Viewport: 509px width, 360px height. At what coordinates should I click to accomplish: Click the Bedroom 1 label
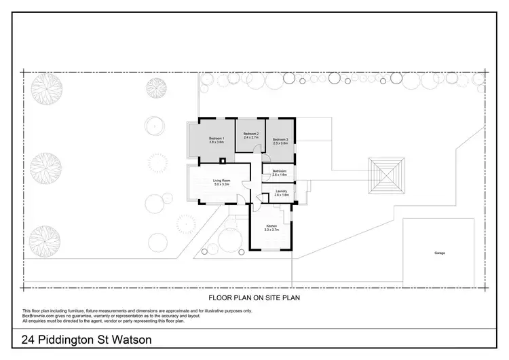[216, 139]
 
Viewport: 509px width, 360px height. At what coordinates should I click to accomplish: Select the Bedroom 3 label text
[280, 139]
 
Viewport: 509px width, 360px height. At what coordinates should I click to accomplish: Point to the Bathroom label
[280, 170]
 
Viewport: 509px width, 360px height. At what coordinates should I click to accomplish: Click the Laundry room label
[282, 192]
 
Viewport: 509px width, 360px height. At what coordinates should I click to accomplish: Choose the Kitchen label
[271, 226]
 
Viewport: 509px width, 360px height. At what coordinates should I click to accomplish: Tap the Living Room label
[222, 181]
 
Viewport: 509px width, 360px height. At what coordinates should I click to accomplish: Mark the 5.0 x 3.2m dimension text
[222, 185]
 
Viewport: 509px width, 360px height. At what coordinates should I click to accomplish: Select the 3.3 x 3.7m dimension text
[271, 230]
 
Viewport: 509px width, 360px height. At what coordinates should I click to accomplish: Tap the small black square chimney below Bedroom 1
[222, 161]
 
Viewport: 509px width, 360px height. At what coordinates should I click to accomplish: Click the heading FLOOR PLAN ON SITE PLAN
[254, 297]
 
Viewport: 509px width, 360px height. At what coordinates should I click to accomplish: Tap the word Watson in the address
[130, 340]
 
